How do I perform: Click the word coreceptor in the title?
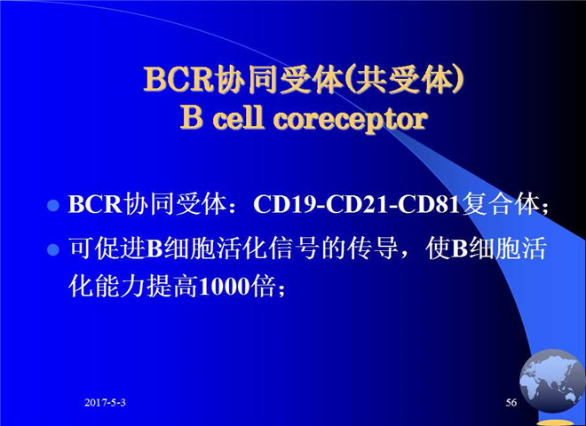351,119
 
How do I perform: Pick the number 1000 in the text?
224,287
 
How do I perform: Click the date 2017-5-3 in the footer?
105,402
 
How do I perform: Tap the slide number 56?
511,402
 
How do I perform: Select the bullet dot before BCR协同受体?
53,205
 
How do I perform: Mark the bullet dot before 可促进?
53,249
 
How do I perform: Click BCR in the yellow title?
178,79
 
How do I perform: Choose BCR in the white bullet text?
95,204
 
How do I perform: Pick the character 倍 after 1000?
263,287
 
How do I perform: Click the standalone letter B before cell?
192,118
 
